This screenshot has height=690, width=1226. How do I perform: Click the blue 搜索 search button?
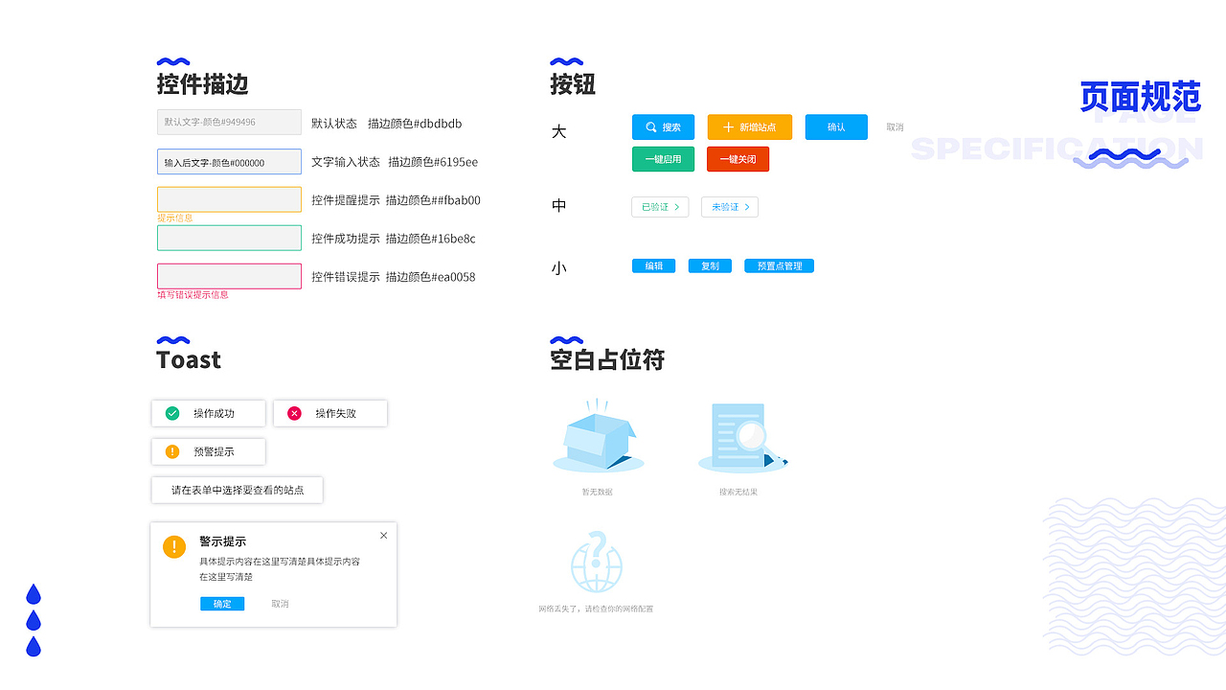pos(663,127)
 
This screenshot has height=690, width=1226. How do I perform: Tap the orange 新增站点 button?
pos(750,127)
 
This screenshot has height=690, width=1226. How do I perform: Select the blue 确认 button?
pos(836,127)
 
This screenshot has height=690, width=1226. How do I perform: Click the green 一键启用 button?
pos(663,159)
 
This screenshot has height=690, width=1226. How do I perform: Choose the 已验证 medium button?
pos(660,207)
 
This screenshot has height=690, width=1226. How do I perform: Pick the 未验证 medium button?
pos(730,207)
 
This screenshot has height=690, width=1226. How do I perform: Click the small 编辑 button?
pos(654,266)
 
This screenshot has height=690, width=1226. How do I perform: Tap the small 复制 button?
pos(710,266)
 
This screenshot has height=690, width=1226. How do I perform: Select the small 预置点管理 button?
pos(779,266)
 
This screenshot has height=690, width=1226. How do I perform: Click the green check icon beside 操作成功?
pos(172,413)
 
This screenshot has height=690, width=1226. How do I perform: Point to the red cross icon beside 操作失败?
pos(294,413)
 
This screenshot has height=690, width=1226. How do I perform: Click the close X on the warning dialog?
pos(384,536)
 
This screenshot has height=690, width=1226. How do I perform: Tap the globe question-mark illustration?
pos(597,563)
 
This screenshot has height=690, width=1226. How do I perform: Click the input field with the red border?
pos(229,276)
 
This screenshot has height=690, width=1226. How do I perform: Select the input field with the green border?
pos(229,238)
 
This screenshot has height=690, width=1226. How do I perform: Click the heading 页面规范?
pos(1140,97)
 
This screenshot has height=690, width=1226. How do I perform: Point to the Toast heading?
pos(189,360)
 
